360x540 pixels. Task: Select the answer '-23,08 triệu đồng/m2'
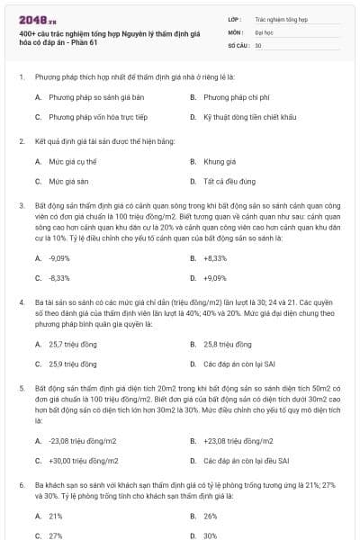[82, 440]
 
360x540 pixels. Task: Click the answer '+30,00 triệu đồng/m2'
[83, 461]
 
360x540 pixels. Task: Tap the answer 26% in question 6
[211, 517]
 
